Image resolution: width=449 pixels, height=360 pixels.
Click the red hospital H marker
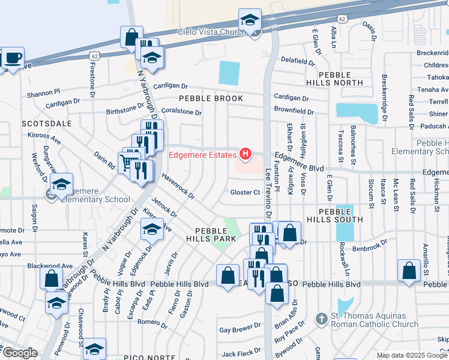click(245, 155)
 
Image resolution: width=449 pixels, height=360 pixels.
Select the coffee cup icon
click(13, 59)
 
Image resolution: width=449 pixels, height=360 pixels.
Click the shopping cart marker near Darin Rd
click(125, 161)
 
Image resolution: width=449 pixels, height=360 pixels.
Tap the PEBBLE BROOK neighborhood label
click(211, 98)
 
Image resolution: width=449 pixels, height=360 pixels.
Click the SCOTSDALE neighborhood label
click(46, 124)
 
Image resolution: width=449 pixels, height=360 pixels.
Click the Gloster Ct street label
click(244, 193)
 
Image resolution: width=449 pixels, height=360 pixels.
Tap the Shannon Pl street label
click(44, 92)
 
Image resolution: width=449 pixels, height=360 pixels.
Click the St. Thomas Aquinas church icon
click(321, 319)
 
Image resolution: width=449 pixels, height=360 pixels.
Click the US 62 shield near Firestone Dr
click(93, 55)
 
